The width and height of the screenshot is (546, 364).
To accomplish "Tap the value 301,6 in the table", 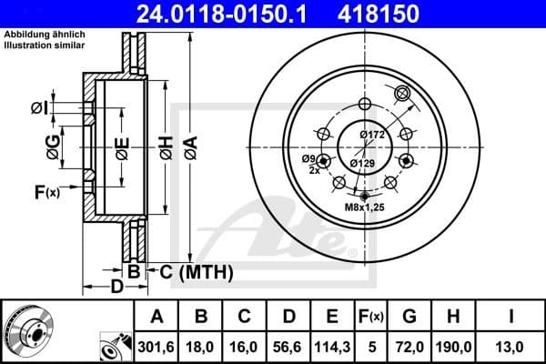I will click(x=157, y=347).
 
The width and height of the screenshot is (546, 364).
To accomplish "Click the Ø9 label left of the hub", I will click(x=308, y=159).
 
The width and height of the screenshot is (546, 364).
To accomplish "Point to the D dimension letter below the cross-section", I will click(x=116, y=288).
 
